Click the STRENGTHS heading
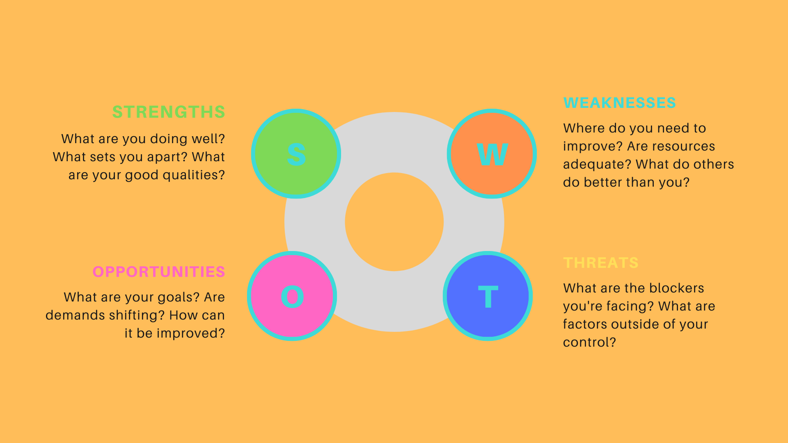168,112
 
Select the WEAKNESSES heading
619,103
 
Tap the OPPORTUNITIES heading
158,272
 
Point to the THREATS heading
600,263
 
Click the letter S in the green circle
296,155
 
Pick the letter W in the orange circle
492,155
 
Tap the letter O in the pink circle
292,297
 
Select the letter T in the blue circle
488,297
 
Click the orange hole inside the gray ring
394,222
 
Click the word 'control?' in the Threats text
589,343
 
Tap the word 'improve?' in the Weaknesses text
593,146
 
